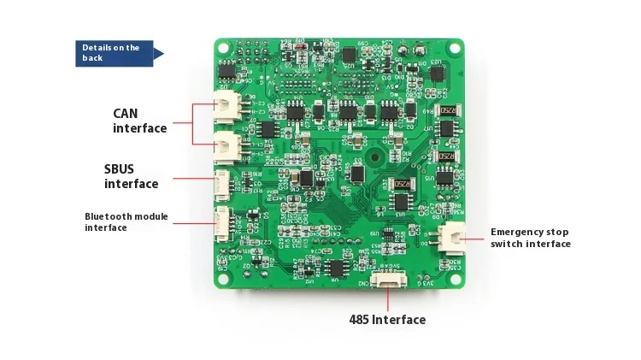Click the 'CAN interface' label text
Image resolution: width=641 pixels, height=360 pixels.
140,121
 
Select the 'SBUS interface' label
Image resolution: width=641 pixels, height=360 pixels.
132,177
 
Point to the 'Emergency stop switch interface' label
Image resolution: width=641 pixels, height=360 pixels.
530,238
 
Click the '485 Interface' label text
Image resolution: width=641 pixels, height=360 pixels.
387,320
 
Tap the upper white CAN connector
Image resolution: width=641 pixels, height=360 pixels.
226,105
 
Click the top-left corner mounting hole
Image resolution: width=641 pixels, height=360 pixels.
221,46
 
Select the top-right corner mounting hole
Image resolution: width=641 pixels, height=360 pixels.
455,46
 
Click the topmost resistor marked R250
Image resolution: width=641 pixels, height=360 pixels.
447,112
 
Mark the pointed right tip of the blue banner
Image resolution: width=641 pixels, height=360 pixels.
163,53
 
